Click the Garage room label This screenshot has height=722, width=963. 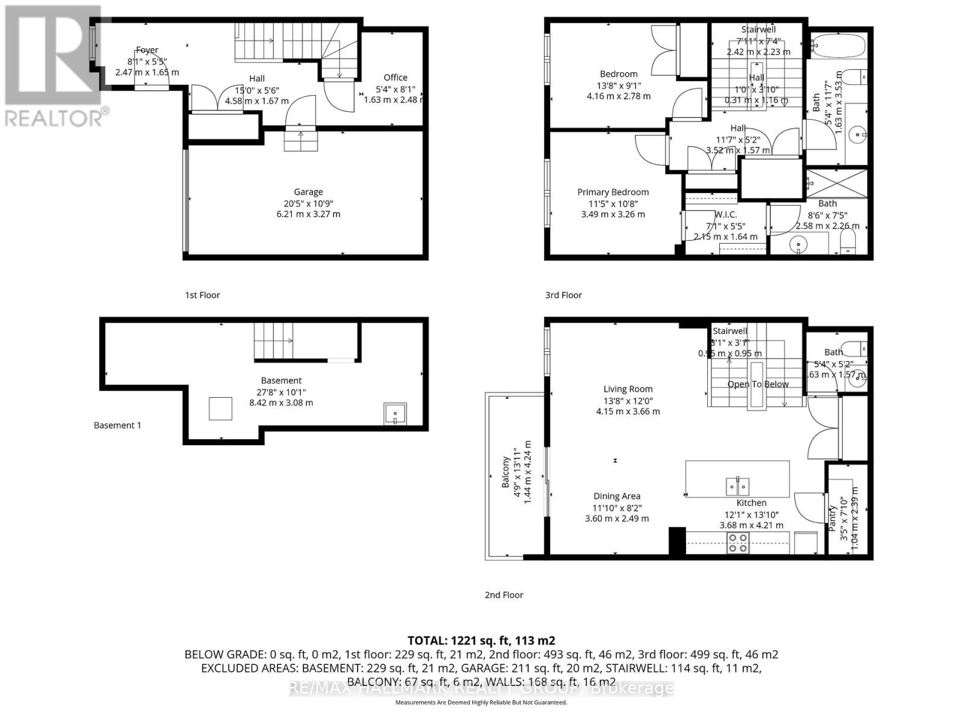tap(308, 192)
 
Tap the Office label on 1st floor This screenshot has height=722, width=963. tap(395, 77)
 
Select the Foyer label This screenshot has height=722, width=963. tap(147, 50)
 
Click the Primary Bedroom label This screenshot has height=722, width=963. tap(613, 192)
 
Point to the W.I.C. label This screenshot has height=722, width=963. tap(725, 214)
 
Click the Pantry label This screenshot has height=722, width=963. tap(833, 517)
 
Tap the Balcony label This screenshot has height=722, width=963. tap(506, 472)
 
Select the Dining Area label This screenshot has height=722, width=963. tap(616, 496)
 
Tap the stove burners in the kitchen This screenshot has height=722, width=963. tap(738, 543)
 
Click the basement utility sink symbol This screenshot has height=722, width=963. tap(395, 414)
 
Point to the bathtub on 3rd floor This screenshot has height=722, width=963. tap(837, 45)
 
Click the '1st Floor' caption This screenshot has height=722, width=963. tap(202, 295)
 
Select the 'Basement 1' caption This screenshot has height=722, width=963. tap(117, 425)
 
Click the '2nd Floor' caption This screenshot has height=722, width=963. tap(504, 594)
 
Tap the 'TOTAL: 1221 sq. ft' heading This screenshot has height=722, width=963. tap(481, 641)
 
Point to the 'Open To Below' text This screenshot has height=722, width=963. tap(758, 384)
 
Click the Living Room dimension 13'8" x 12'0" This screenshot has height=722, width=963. tap(628, 401)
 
